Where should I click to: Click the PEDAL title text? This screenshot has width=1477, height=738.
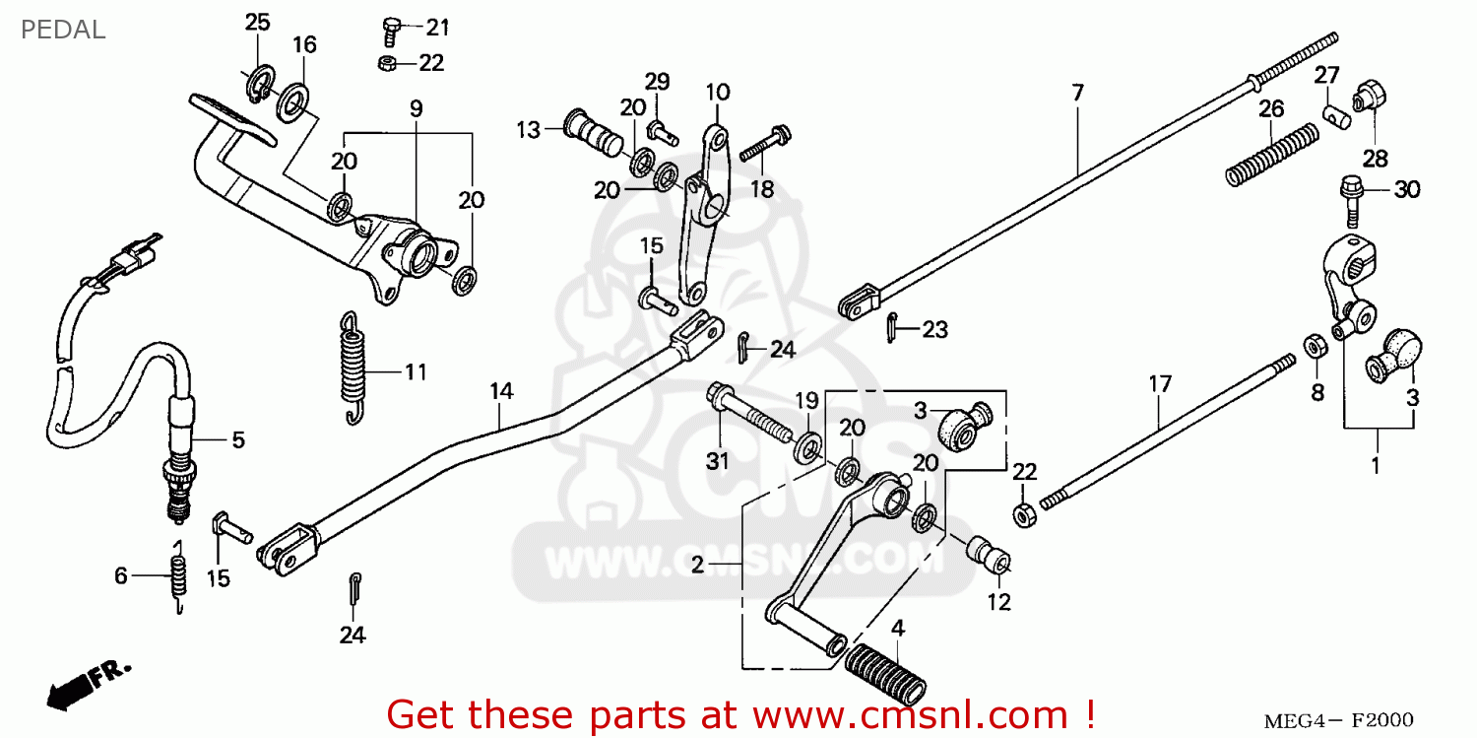coord(63,30)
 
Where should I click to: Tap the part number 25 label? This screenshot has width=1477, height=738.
coord(257,23)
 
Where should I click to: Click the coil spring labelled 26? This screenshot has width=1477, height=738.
coord(1272,155)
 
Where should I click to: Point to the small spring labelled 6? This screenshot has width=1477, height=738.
coord(178,575)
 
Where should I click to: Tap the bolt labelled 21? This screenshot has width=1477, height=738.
coord(391,31)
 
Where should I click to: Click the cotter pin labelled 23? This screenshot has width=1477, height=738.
coord(891,327)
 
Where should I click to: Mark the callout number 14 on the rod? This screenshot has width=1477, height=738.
coord(501,391)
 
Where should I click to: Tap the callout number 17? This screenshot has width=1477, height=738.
coord(1160,384)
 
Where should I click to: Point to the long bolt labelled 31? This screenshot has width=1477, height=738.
coord(750,413)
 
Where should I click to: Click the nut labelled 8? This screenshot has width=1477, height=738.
coord(1316,346)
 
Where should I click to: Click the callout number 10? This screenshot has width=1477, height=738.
coord(718,92)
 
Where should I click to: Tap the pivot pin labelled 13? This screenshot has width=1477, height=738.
coord(593,133)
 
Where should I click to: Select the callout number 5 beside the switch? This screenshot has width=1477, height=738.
coord(238,439)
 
